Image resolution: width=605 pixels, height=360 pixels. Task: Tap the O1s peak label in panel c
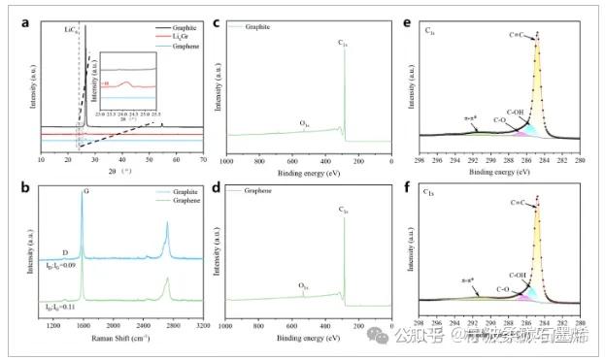[304, 124]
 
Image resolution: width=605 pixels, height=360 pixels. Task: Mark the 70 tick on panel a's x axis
[203, 158]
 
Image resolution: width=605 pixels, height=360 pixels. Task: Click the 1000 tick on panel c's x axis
[224, 158]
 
